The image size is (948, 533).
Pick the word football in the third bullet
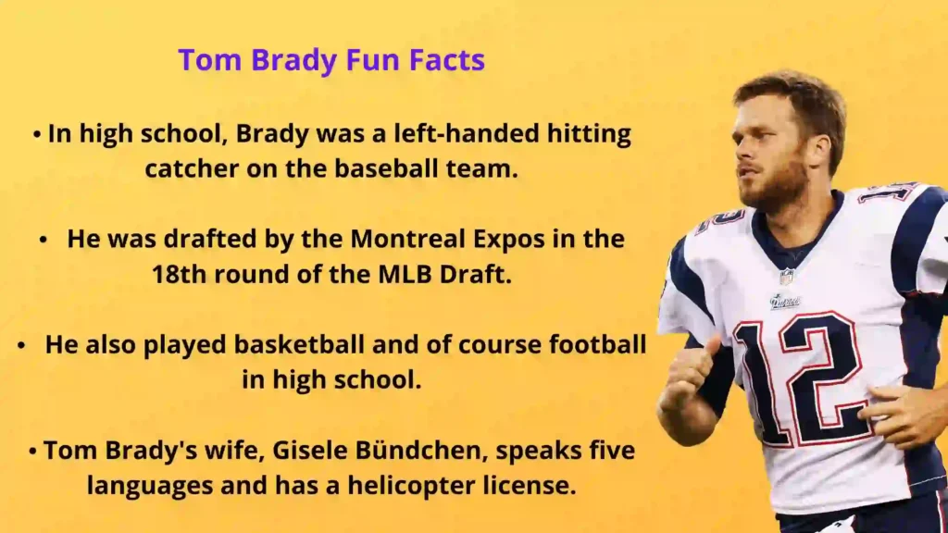coord(597,344)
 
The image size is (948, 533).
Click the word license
coord(530,485)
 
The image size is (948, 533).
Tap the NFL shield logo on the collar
coord(785,276)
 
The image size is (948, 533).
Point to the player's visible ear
coord(820,154)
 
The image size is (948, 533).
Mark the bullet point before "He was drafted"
coord(43,240)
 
